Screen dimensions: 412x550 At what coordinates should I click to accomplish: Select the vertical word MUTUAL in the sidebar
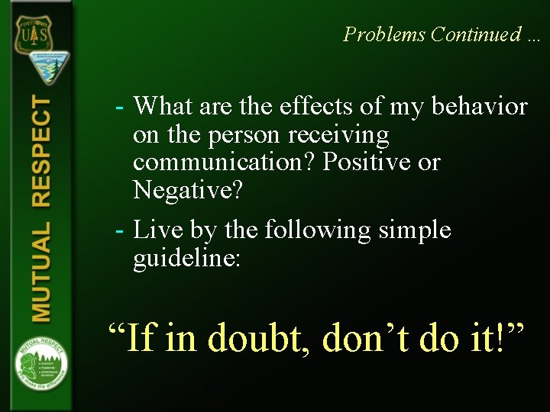(x=41, y=270)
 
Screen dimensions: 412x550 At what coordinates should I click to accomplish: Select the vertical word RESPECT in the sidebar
(x=41, y=153)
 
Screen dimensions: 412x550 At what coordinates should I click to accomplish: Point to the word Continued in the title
(x=473, y=34)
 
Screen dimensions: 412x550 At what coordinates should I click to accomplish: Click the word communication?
(x=225, y=163)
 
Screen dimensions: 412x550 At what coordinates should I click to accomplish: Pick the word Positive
(x=364, y=163)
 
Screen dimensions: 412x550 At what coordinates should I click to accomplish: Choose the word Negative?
(x=188, y=191)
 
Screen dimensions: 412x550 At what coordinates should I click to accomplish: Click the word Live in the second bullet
(x=158, y=230)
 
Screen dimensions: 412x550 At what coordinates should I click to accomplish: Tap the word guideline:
(x=187, y=258)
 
